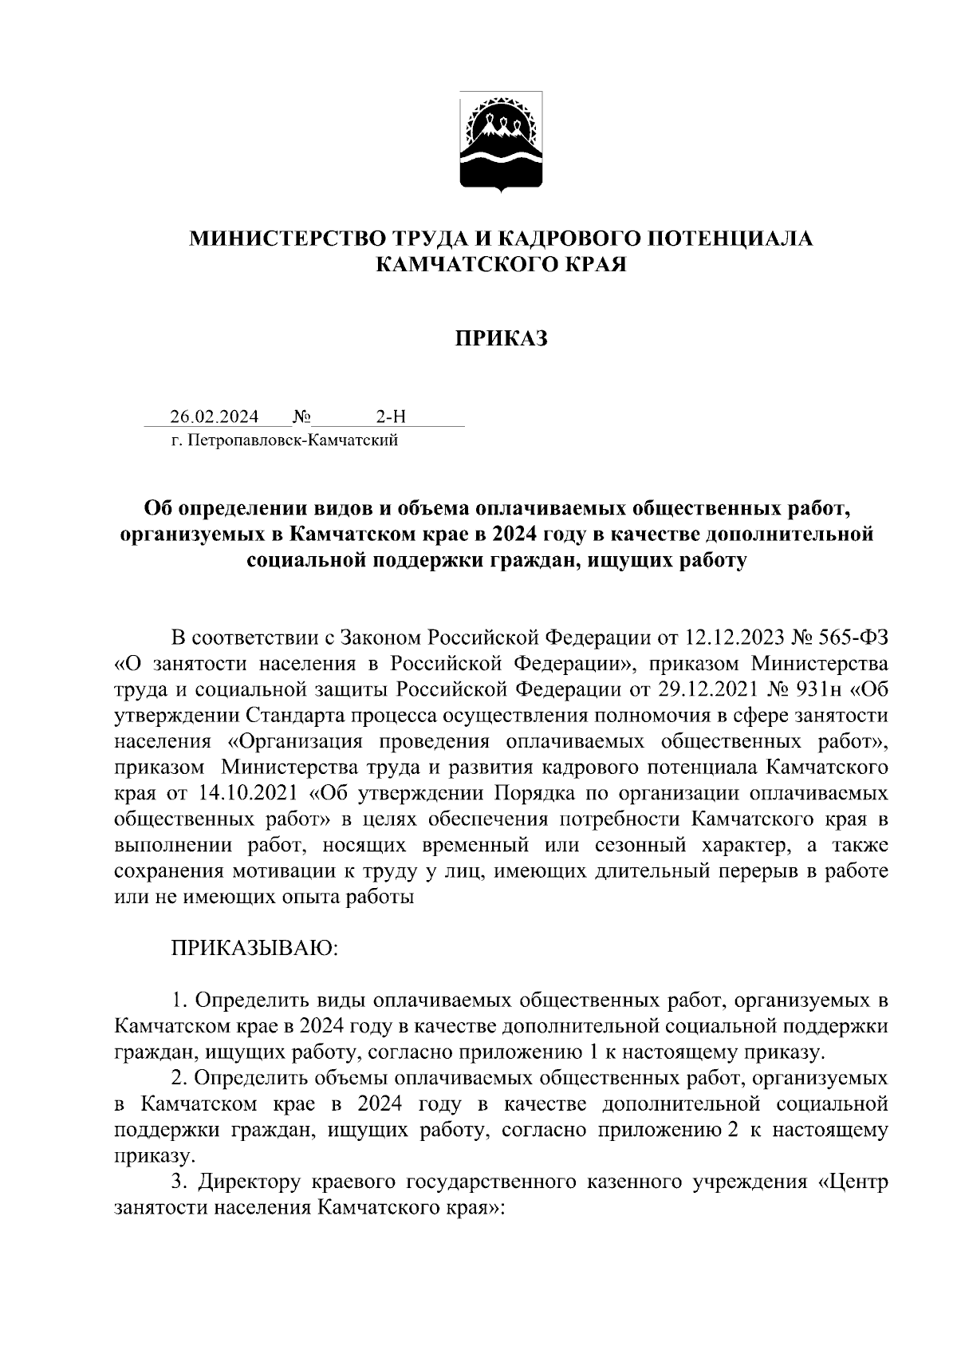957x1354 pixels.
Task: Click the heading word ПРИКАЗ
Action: pos(502,339)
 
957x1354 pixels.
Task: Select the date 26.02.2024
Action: pos(214,416)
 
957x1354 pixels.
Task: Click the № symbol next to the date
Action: pos(301,416)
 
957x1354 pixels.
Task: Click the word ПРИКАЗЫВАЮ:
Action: pos(254,948)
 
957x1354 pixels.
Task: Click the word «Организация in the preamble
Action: pos(295,741)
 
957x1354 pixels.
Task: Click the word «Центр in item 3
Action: pos(853,1182)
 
